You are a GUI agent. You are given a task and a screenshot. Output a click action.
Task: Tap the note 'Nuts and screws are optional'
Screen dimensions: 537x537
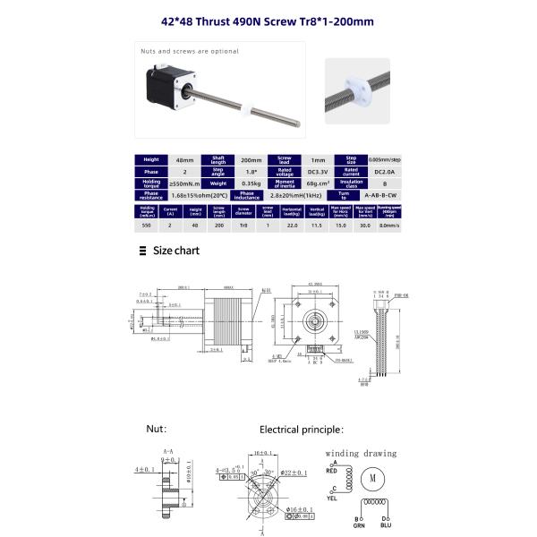pyautogui.click(x=189, y=51)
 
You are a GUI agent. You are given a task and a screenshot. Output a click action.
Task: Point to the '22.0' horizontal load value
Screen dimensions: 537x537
pyautogui.click(x=291, y=226)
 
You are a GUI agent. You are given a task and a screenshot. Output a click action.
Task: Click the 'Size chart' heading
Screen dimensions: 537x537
pyautogui.click(x=176, y=251)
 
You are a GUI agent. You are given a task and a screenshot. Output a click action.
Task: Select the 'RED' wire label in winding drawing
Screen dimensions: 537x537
pyautogui.click(x=332, y=469)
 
